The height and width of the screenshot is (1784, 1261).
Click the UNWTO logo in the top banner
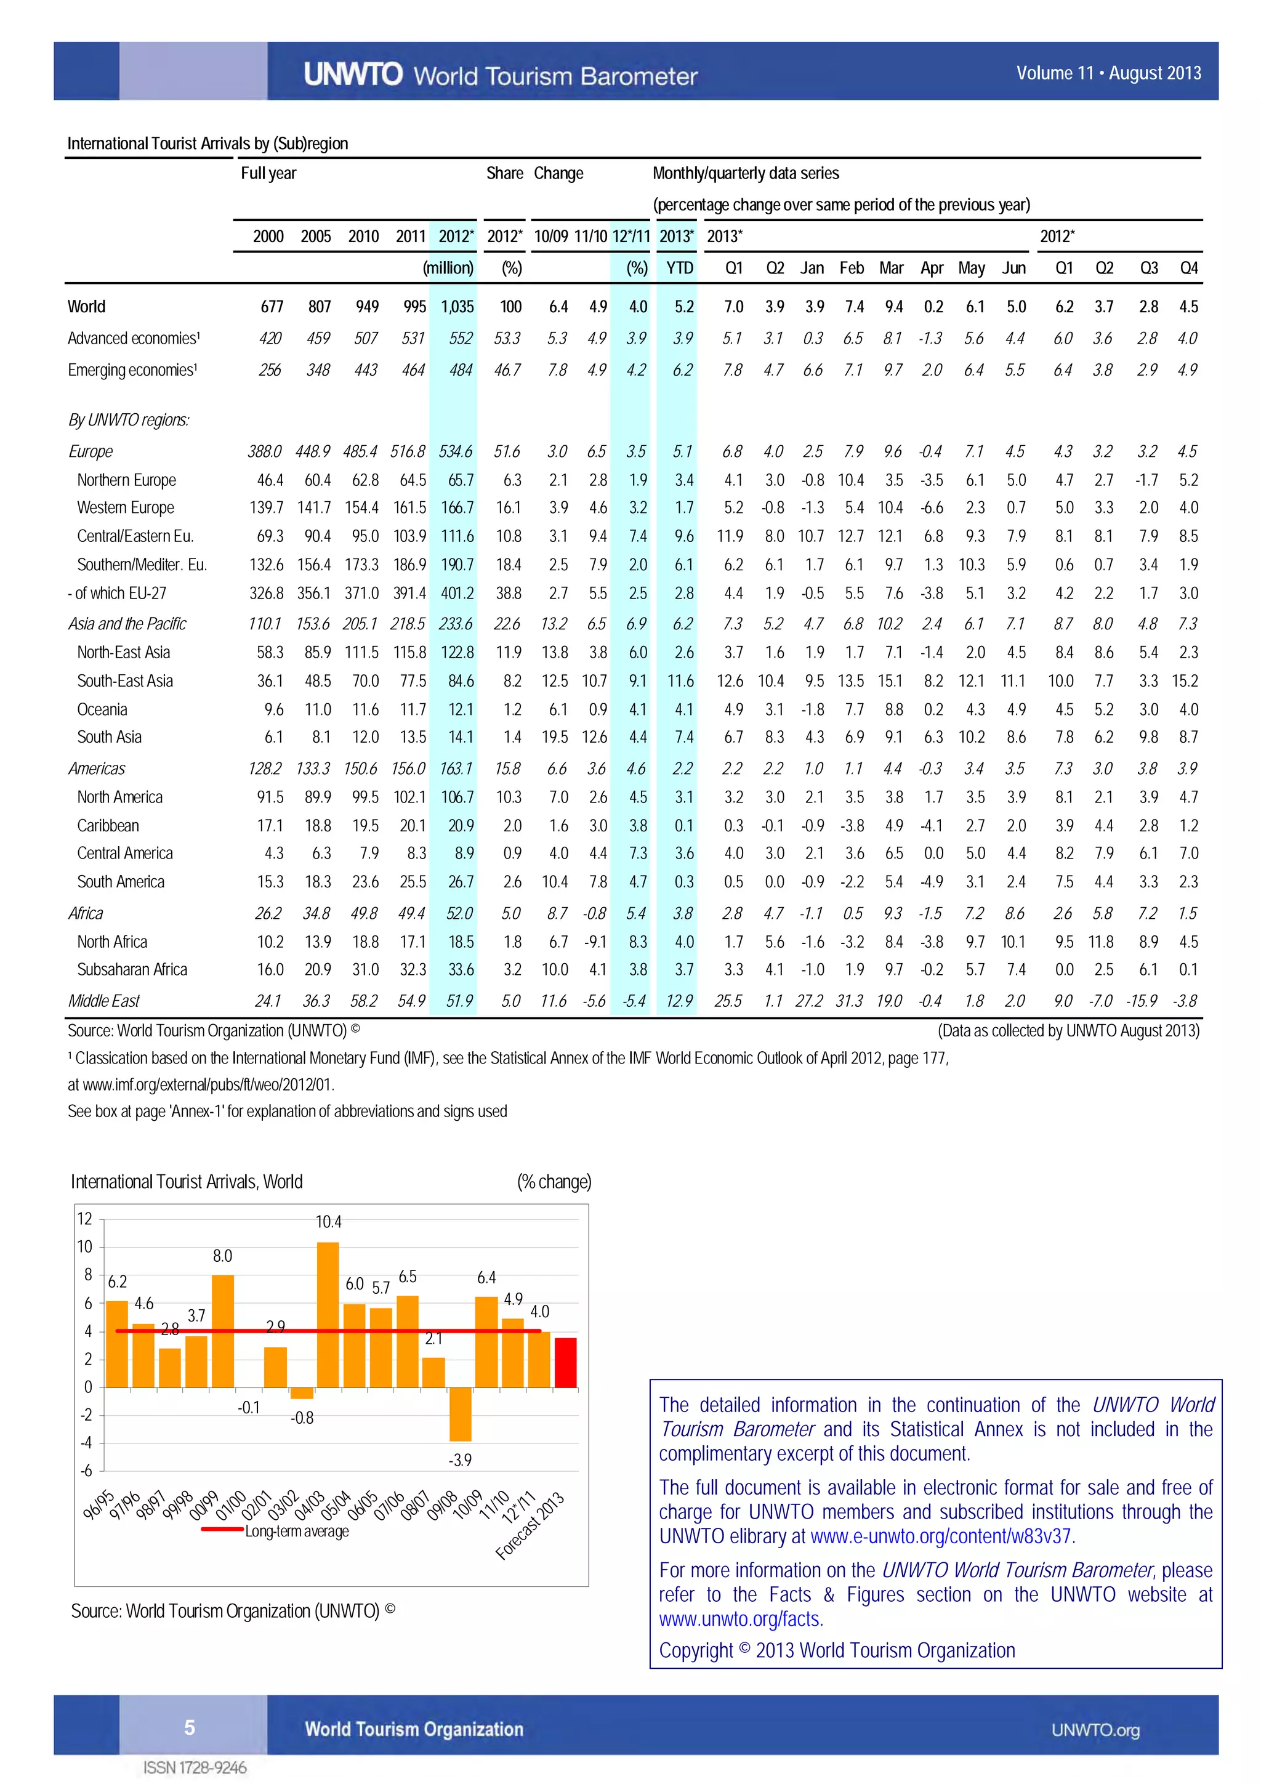pos(353,75)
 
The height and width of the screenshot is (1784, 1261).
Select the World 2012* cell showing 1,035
pos(457,307)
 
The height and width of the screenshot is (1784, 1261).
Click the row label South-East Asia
pos(124,680)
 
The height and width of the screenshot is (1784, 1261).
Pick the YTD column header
pos(679,268)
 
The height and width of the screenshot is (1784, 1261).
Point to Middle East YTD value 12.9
pos(679,1001)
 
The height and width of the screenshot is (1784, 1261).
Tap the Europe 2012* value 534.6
pos(455,451)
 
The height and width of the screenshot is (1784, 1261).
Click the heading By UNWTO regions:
pos(128,421)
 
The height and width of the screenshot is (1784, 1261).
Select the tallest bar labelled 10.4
pos(328,1314)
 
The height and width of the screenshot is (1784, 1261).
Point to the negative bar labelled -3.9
pos(460,1414)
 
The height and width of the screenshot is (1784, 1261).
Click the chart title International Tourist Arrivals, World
pos(187,1182)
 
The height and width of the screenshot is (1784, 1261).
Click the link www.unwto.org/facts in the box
pos(739,1620)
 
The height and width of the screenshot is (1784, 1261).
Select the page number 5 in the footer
pos(190,1727)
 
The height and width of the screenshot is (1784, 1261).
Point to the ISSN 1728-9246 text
pos(195,1769)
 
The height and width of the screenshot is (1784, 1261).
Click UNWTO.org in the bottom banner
pos(1095,1730)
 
